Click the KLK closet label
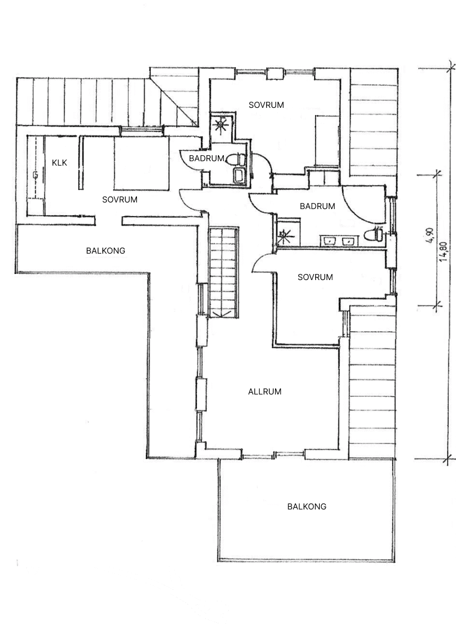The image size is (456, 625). coord(59,163)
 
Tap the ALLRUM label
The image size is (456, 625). coord(265,392)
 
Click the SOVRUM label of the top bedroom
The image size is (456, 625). coord(266,105)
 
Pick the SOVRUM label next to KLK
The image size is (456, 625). coord(120,199)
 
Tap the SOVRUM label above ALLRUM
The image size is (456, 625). coord(315,277)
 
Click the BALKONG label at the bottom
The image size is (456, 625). coord(307,506)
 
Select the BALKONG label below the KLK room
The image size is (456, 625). coord(106,250)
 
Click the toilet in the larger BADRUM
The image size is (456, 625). coord(378,234)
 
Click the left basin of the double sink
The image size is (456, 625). coord(330,240)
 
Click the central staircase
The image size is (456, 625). coord(223,272)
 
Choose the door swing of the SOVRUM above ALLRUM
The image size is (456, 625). coord(262,264)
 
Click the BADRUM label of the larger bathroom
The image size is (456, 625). coord(317,206)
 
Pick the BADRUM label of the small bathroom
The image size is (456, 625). coord(206,158)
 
